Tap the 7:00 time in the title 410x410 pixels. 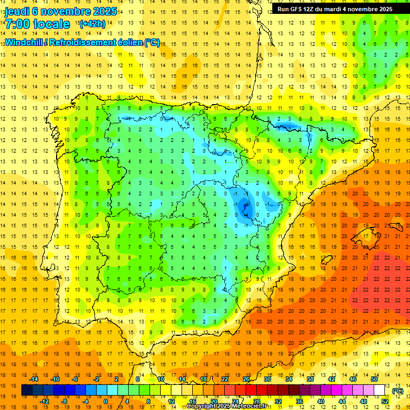point(18,24)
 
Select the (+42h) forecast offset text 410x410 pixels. point(92,24)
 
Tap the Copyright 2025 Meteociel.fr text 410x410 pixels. point(227,406)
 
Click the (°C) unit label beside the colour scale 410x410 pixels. point(397,391)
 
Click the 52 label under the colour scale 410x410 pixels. point(385,401)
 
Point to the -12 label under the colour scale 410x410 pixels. point(44,401)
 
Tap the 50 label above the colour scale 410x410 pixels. point(374,379)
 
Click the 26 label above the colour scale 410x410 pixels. point(246,379)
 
